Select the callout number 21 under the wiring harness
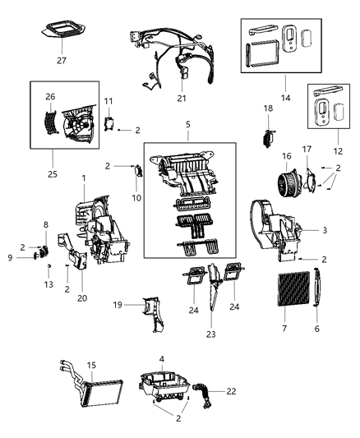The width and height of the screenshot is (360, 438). coord(182,99)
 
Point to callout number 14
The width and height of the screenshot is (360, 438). coord(285,99)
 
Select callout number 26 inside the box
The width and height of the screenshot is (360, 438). coord(50,96)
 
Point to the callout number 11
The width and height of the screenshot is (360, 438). coord(108,101)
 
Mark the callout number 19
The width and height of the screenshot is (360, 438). coord(117,305)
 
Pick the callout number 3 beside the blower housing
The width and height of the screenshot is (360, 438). coord(325,230)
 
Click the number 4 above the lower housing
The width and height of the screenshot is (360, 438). coord(162,358)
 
